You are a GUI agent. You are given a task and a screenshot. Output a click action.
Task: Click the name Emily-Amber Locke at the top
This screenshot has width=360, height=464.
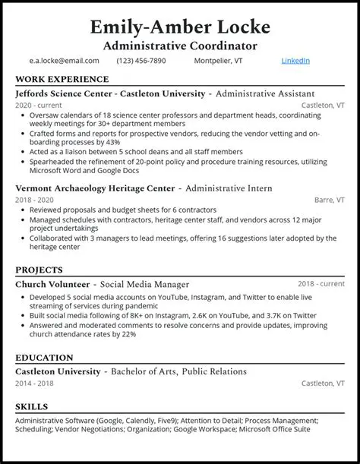coord(180,27)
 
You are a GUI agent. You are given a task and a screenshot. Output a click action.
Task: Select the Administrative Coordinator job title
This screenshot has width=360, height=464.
coord(180,46)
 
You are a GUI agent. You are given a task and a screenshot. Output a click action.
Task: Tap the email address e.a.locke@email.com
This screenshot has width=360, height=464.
coord(54,61)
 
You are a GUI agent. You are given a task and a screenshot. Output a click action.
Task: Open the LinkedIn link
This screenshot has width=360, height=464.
coord(295,61)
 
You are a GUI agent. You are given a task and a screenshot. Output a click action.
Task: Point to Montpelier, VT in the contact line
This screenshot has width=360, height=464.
coord(217,61)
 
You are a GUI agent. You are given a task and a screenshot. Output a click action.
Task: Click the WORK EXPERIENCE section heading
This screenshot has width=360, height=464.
coord(62,79)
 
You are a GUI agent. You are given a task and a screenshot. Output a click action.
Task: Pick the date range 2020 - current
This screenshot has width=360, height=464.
coord(40,105)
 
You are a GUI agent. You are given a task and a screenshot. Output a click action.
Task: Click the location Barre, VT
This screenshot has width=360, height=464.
coord(329,200)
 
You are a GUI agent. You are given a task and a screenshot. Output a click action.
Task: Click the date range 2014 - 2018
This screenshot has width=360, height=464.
coord(36,384)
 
